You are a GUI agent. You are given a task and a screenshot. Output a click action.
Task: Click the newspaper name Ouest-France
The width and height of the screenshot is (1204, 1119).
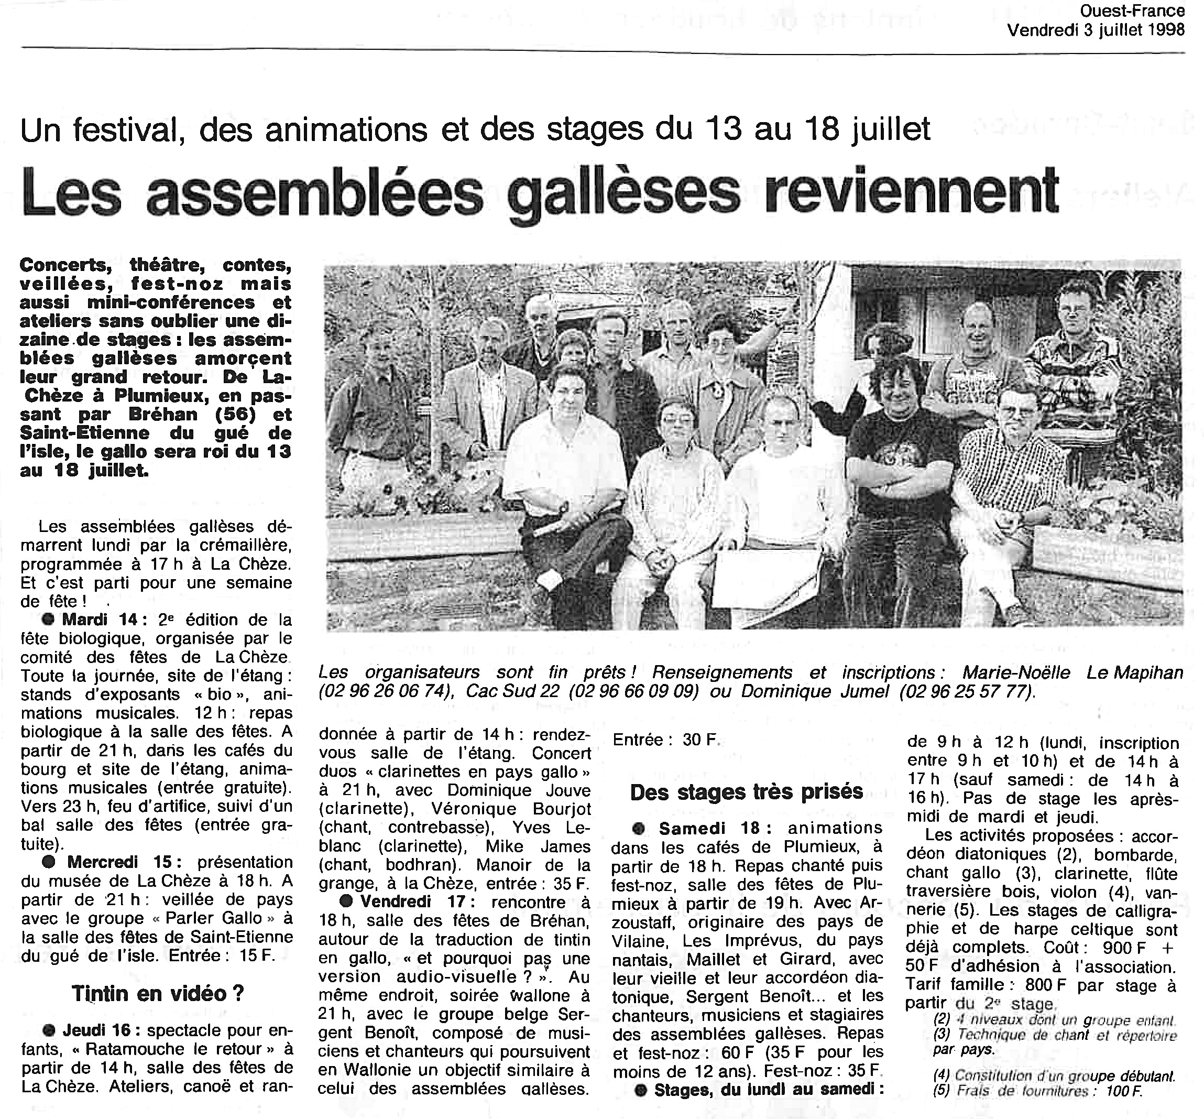point(1141,12)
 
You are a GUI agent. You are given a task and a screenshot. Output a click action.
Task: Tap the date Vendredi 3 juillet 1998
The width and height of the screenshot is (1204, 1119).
point(1096,30)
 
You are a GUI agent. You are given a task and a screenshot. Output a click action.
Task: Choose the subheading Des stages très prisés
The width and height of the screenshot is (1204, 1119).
point(747,791)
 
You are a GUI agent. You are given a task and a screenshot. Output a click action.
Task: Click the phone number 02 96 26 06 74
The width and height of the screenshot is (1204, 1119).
point(386,691)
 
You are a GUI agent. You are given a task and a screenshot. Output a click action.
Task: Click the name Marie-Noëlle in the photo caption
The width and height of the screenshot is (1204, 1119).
point(1016,673)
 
